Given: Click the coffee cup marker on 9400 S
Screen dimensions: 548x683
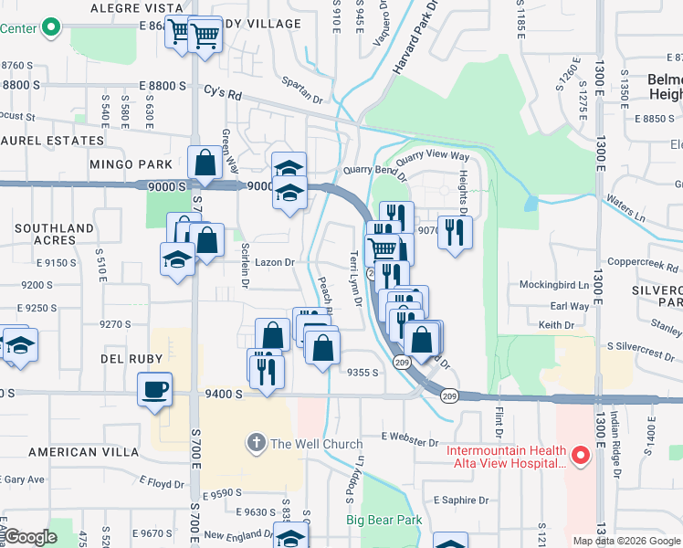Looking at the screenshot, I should [154, 388].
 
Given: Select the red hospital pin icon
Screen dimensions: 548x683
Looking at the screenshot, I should [578, 454].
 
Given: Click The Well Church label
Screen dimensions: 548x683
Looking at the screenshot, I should [316, 444].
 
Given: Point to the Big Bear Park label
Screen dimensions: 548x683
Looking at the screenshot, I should [384, 520].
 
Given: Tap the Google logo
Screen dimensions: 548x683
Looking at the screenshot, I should [31, 537].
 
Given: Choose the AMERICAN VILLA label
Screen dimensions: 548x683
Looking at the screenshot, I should [88, 452].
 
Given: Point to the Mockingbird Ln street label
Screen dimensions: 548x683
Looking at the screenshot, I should [554, 285].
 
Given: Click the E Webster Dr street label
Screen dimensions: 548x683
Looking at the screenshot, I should [411, 440].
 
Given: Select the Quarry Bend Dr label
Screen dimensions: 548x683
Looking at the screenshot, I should [374, 170].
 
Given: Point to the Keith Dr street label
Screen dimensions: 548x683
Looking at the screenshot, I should [556, 324].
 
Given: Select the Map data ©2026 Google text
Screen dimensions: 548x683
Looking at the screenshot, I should [625, 541].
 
